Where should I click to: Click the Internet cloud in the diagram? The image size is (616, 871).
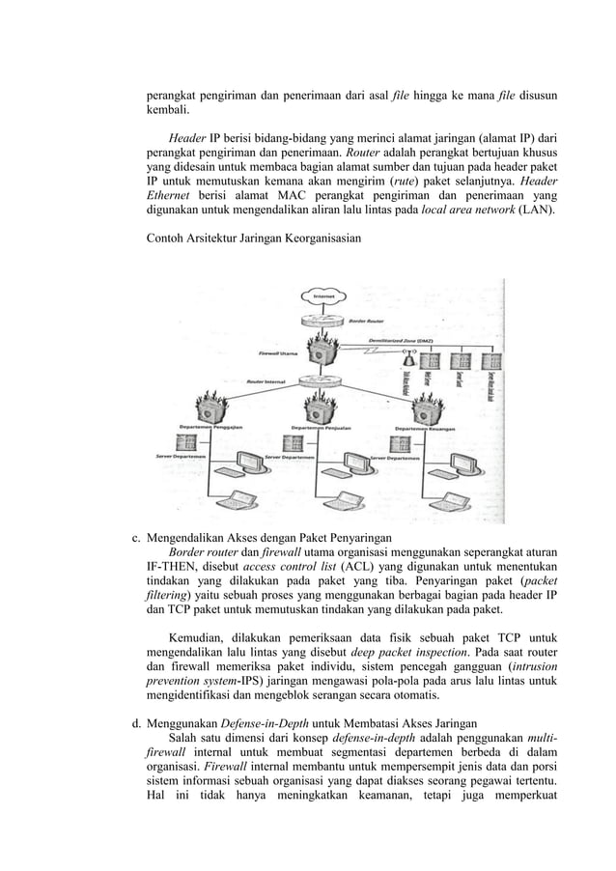(322, 295)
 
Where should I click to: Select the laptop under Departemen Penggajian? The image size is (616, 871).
(231, 499)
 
